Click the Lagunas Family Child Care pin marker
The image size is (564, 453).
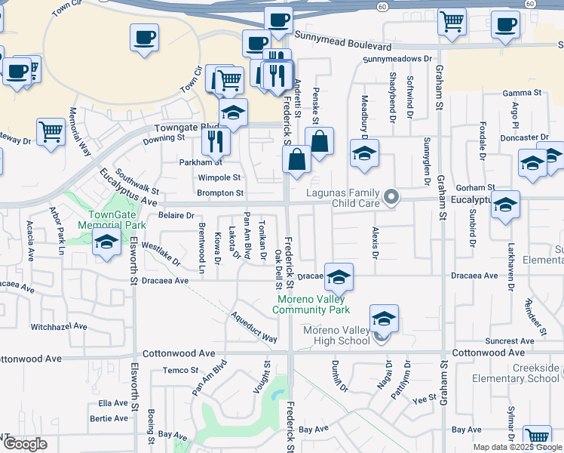[391, 198]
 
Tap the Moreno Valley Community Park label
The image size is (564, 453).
[311, 304]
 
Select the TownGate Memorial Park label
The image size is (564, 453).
[112, 220]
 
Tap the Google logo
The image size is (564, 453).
[25, 443]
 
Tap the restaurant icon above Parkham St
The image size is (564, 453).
[216, 140]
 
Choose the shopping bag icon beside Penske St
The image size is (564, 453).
[320, 141]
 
